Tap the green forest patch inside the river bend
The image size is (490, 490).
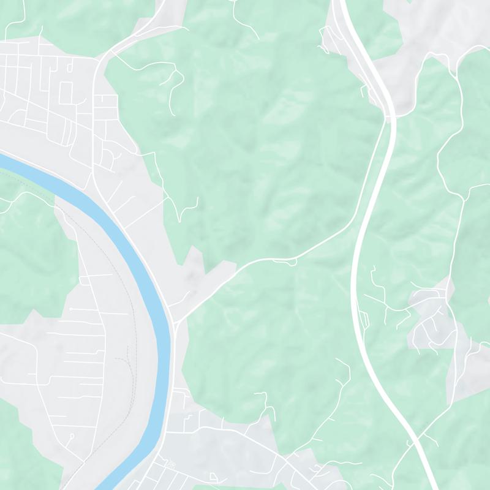(x=31, y=257)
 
